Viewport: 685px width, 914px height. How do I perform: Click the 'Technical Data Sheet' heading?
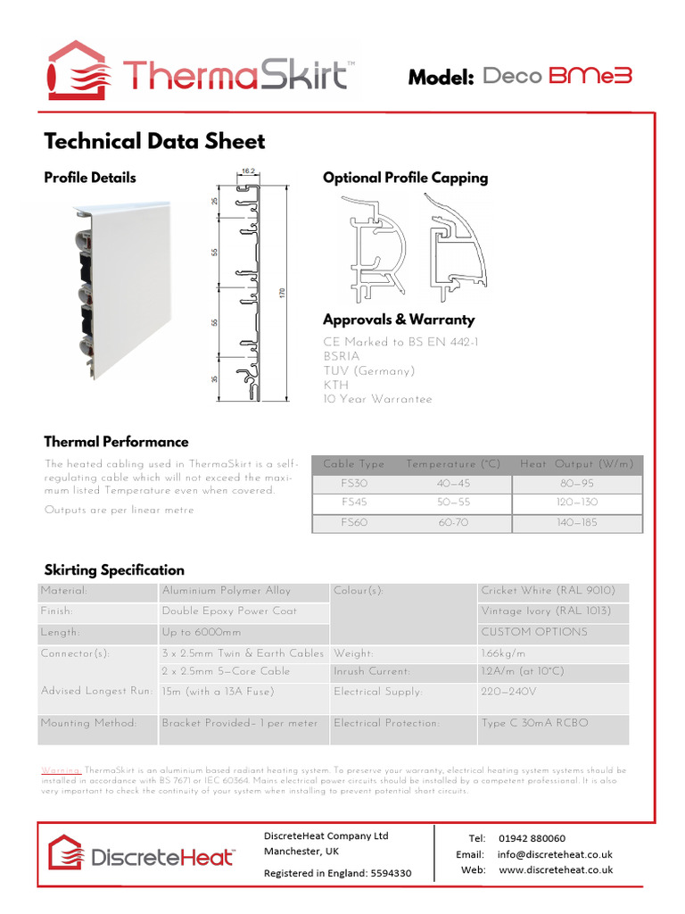click(154, 141)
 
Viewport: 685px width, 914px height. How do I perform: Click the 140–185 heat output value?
click(577, 524)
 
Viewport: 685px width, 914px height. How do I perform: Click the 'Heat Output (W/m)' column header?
click(577, 464)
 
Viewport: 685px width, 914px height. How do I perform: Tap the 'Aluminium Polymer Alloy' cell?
click(227, 591)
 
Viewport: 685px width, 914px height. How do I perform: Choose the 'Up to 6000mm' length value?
click(195, 632)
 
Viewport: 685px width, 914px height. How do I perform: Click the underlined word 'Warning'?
click(62, 769)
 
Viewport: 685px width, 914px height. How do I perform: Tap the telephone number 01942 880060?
click(532, 838)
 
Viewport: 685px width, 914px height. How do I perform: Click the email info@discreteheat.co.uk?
click(555, 854)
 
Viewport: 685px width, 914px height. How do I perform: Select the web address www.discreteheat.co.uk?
click(556, 869)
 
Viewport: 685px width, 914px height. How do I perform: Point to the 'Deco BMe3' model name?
click(557, 77)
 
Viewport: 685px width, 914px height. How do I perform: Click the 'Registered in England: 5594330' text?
click(337, 873)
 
